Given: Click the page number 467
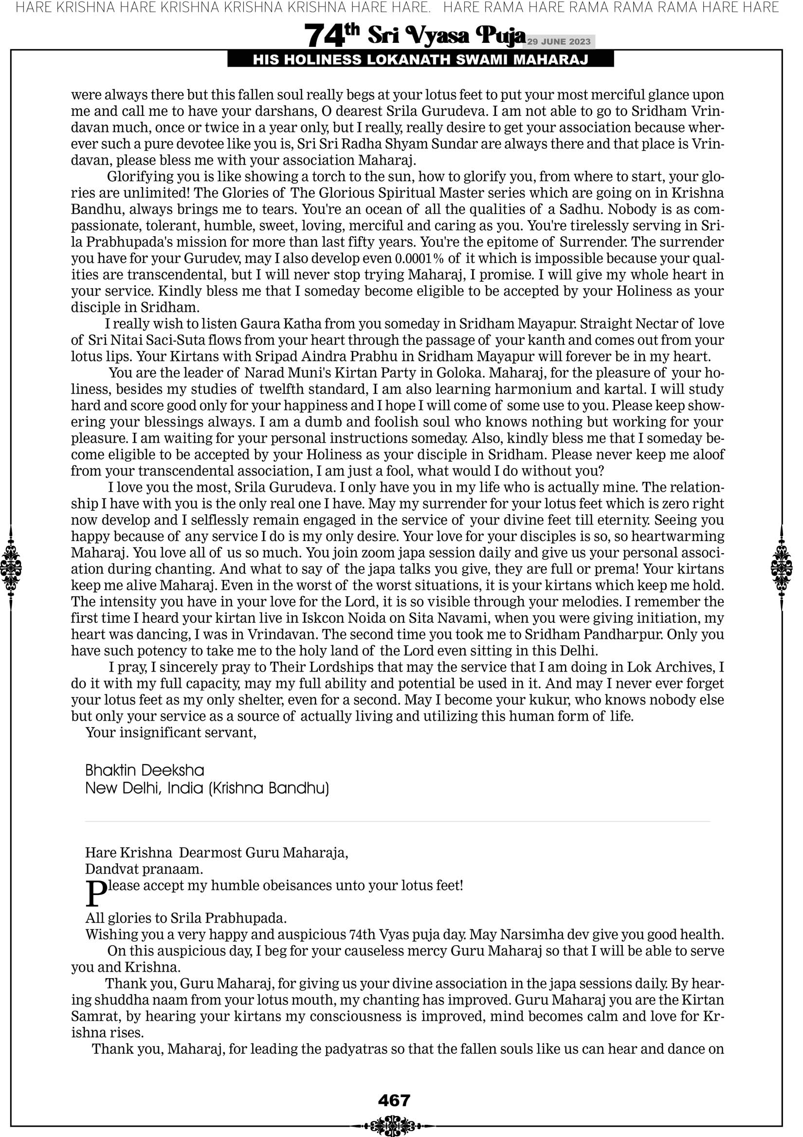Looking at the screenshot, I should [394, 1100].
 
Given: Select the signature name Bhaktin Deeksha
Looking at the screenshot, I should [145, 770].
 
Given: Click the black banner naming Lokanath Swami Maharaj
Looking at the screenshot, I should [420, 60].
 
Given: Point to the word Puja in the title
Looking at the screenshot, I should [500, 36].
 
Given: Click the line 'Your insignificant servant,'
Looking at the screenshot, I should [171, 732].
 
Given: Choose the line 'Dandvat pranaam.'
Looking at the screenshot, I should [144, 869].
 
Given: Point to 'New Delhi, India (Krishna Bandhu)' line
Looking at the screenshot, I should [207, 788].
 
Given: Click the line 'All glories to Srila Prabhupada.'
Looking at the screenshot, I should [186, 917].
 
